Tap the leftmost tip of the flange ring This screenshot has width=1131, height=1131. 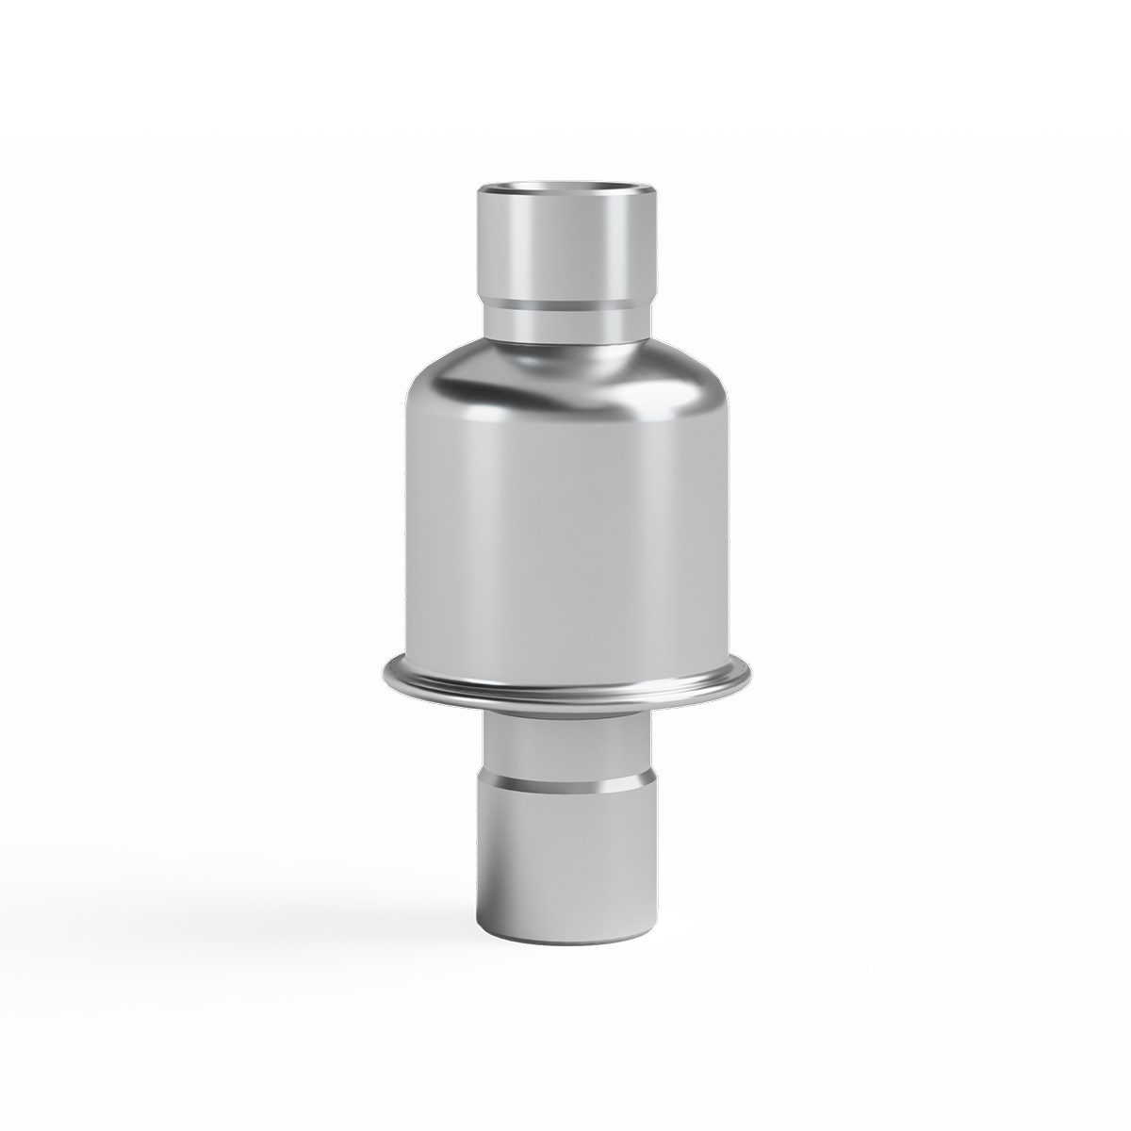385,673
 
